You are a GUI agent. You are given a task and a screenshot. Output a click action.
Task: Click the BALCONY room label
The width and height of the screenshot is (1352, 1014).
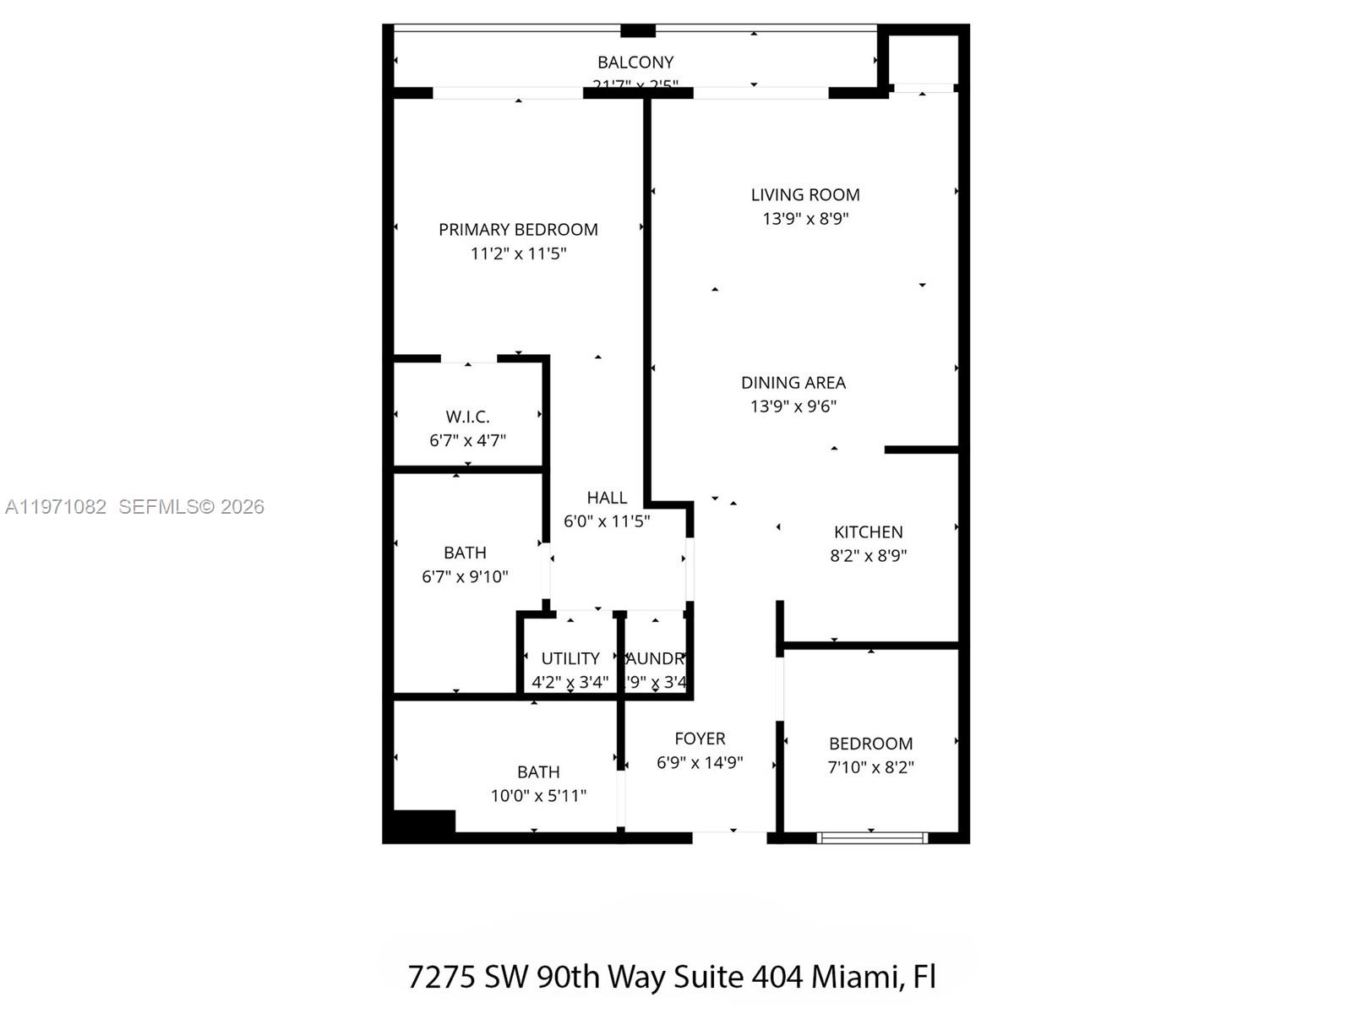tap(635, 63)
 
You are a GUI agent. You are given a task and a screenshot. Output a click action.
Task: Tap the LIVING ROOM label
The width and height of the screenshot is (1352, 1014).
tap(805, 195)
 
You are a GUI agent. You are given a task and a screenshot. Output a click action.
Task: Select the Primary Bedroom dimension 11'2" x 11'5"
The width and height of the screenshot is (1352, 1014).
tap(518, 253)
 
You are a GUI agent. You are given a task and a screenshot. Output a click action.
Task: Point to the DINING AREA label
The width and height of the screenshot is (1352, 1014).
tap(793, 383)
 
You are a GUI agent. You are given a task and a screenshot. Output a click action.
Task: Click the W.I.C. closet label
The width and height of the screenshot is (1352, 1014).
tap(467, 417)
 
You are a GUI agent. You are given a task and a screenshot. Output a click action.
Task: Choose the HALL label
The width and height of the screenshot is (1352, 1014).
tap(607, 498)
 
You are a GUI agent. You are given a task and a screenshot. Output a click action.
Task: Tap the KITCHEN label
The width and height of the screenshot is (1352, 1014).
tap(868, 532)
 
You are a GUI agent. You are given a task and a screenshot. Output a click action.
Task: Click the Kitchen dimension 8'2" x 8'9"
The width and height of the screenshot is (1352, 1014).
tap(868, 556)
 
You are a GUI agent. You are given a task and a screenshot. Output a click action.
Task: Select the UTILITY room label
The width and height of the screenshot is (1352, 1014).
tap(570, 658)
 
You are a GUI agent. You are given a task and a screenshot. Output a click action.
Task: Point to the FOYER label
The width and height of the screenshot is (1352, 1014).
tap(700, 739)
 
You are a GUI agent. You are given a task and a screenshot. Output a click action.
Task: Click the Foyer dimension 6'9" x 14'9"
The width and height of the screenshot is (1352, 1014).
tap(700, 762)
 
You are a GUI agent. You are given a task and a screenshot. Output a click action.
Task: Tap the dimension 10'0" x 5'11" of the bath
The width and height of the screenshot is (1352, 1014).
tap(538, 796)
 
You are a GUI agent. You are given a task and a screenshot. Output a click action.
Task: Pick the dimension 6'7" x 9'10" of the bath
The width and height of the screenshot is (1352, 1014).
tap(465, 577)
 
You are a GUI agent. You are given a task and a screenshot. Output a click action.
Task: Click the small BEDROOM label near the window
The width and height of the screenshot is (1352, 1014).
tap(870, 744)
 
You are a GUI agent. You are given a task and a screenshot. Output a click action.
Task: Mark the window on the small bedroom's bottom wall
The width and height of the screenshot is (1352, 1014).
tap(872, 838)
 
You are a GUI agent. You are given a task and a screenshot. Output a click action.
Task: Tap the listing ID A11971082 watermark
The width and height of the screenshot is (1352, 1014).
tap(56, 507)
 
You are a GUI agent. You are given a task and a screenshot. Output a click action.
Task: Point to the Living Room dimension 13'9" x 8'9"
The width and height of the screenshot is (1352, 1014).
tap(805, 219)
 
